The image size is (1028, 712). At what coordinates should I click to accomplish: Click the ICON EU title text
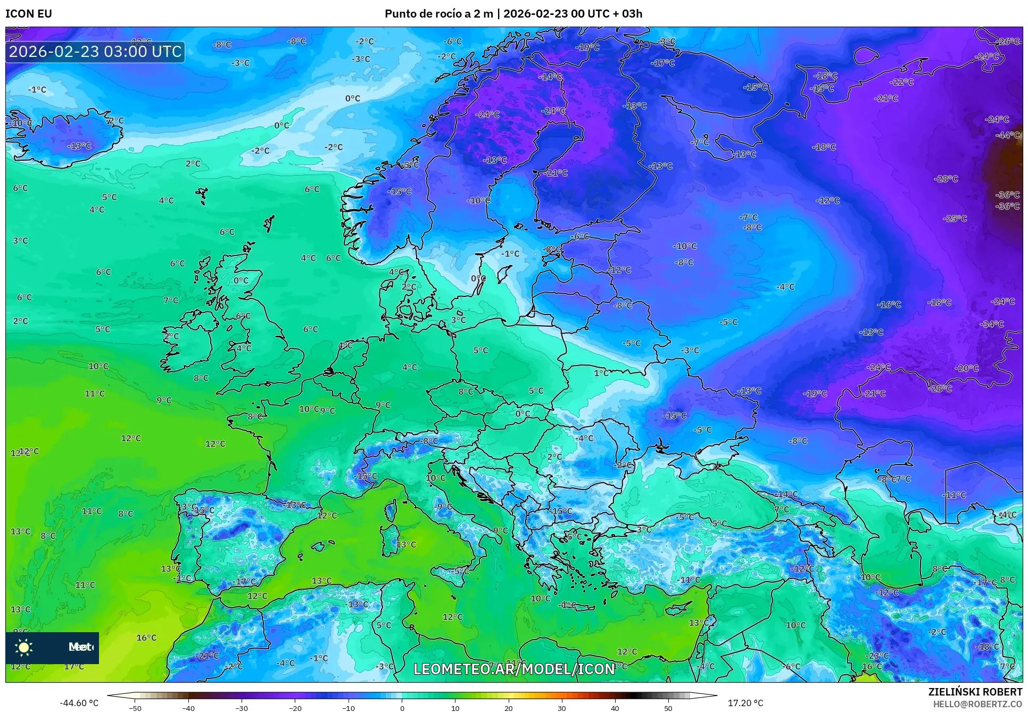point(28,14)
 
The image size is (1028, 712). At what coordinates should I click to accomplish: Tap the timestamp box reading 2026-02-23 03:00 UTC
point(95,52)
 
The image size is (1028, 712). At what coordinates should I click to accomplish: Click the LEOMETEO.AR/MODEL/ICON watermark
point(514,669)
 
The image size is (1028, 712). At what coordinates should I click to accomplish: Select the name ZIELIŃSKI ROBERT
point(975,692)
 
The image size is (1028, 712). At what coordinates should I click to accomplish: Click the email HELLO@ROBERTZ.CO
point(977,704)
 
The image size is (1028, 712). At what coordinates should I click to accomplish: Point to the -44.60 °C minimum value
point(79,703)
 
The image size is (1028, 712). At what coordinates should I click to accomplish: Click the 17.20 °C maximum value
point(745,703)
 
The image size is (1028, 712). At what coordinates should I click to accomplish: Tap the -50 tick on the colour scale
point(135,708)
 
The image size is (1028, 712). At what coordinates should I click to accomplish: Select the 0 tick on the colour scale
point(402,708)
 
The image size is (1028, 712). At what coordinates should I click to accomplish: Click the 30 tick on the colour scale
point(562,708)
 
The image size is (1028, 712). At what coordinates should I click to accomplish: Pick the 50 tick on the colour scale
point(668,708)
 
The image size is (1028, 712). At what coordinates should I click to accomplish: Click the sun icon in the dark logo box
point(24,648)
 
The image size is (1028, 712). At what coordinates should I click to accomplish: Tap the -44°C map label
point(1007,135)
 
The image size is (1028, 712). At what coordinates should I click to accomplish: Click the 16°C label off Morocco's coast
point(146,638)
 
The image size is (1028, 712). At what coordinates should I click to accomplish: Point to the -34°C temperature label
point(992,324)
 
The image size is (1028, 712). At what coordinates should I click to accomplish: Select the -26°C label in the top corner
point(1007,42)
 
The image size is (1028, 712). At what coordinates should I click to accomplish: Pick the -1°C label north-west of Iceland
point(37,90)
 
